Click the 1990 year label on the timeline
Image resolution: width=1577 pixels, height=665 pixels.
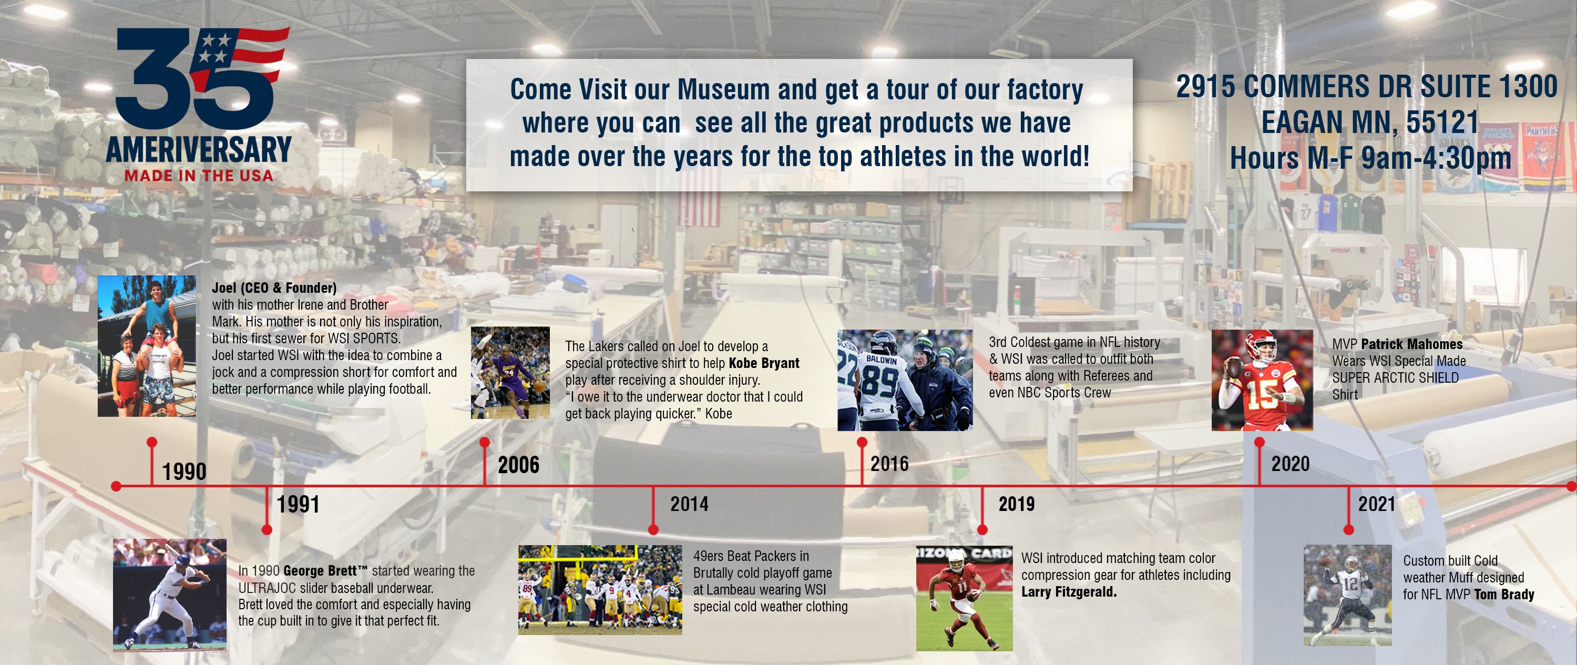[185, 472]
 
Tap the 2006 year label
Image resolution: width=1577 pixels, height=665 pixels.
[518, 465]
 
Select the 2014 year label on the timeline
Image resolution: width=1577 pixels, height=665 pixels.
[689, 504]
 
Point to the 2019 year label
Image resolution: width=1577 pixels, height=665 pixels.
[1016, 504]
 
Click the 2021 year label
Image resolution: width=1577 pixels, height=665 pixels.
[1376, 504]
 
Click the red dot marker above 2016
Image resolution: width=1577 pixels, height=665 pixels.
[862, 442]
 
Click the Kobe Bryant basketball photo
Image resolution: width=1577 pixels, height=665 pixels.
[510, 372]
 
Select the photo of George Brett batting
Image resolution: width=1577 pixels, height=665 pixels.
[170, 595]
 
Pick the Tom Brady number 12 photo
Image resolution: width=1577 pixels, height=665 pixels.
[1347, 595]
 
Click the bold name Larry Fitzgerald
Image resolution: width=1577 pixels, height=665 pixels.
[1069, 592]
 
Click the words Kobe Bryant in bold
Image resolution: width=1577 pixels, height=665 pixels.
[764, 363]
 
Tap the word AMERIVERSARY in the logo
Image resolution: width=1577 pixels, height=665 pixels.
[199, 149]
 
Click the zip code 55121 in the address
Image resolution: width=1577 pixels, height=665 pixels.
[1442, 122]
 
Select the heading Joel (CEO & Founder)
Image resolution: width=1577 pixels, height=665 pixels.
[274, 288]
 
